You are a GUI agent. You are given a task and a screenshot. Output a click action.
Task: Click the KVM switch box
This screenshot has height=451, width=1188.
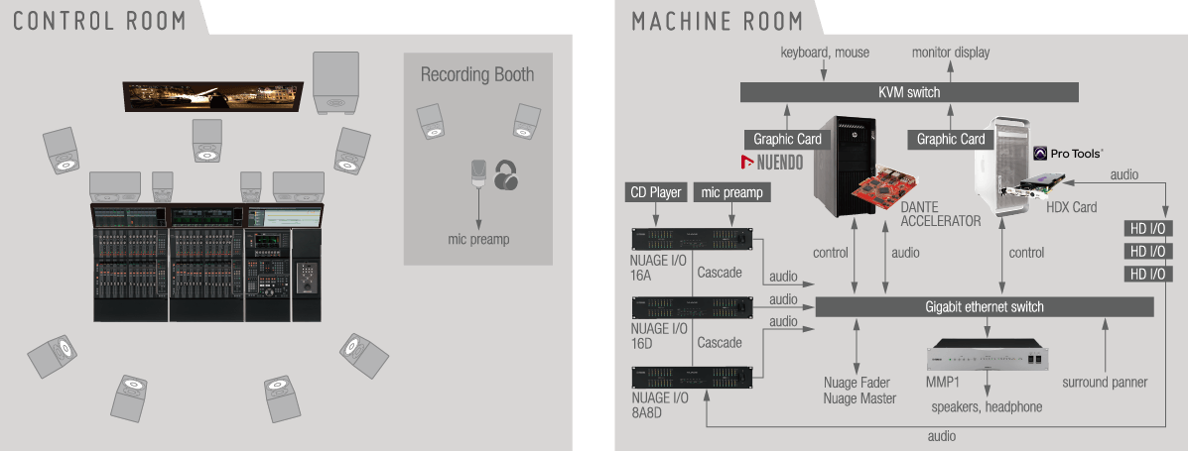pyautogui.click(x=909, y=92)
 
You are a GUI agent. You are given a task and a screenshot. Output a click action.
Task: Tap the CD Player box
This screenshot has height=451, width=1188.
pyautogui.click(x=656, y=192)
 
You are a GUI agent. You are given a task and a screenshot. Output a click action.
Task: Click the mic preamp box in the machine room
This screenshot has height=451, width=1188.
pyautogui.click(x=731, y=192)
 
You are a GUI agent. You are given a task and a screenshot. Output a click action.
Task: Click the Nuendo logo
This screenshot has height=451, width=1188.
pyautogui.click(x=772, y=162)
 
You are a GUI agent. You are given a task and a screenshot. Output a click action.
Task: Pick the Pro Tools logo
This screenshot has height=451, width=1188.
pyautogui.click(x=1068, y=154)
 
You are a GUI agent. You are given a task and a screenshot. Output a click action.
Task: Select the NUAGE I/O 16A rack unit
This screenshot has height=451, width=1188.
pyautogui.click(x=691, y=239)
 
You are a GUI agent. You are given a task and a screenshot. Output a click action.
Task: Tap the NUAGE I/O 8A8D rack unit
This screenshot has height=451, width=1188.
pyautogui.click(x=691, y=377)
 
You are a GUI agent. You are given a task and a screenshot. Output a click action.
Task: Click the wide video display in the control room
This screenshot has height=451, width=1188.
pyautogui.click(x=211, y=96)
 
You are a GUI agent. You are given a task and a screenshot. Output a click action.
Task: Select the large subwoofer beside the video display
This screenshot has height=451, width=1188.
pyautogui.click(x=335, y=83)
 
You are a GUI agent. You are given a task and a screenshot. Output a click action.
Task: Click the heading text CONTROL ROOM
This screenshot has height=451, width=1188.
pyautogui.click(x=99, y=20)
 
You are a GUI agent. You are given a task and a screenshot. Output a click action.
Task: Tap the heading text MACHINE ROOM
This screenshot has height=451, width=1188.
pyautogui.click(x=718, y=20)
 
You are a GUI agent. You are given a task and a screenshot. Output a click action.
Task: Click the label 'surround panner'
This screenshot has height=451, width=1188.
pyautogui.click(x=1105, y=383)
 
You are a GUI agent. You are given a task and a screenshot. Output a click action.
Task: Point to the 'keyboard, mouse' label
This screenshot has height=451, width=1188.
pyautogui.click(x=825, y=52)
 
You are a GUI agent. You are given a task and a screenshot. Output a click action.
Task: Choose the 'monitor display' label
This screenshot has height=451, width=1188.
pyautogui.click(x=951, y=52)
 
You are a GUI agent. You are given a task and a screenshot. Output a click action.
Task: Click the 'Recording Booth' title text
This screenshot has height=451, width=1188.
pyautogui.click(x=477, y=74)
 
